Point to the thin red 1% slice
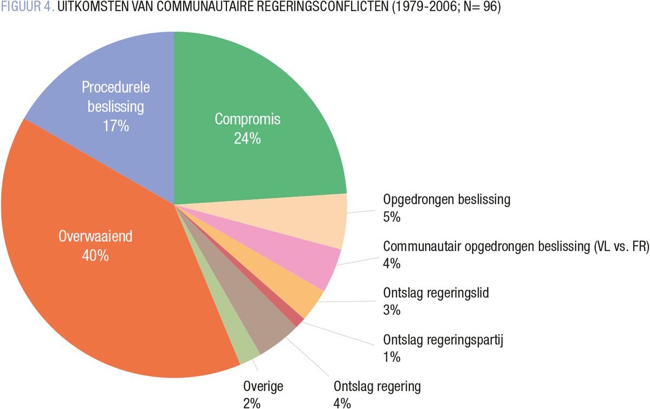click(x=297, y=319)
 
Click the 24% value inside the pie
click(x=248, y=138)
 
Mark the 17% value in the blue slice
click(x=116, y=126)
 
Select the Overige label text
click(x=263, y=387)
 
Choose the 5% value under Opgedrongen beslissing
click(x=391, y=217)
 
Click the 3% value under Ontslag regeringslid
click(x=391, y=310)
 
